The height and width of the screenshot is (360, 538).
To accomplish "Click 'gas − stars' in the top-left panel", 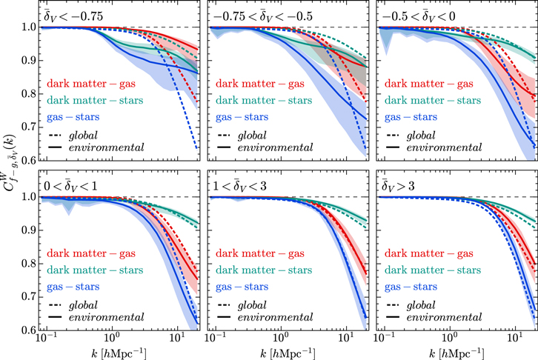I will click(72, 117).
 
